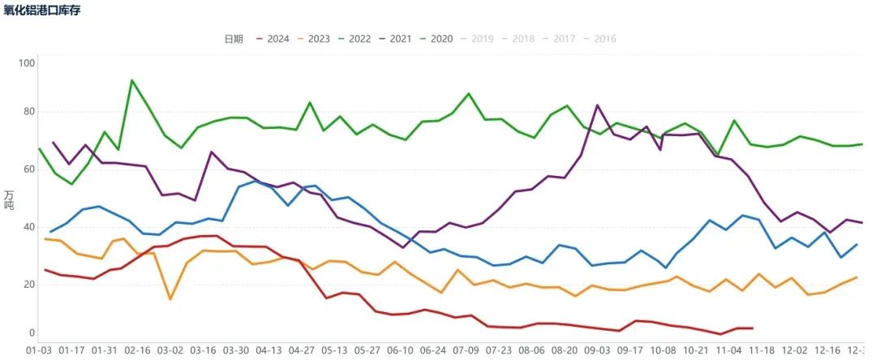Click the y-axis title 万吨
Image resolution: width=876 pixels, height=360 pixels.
[x=9, y=199]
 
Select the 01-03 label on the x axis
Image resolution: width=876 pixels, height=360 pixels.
[x=38, y=349]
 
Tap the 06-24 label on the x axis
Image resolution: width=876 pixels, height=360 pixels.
[x=433, y=349]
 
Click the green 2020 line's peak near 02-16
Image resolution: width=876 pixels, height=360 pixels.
[x=132, y=80]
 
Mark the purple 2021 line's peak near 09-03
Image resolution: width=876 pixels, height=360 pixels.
[x=598, y=105]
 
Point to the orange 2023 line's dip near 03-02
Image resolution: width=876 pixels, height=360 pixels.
[x=170, y=299]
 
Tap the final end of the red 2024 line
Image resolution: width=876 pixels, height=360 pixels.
[x=753, y=328]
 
